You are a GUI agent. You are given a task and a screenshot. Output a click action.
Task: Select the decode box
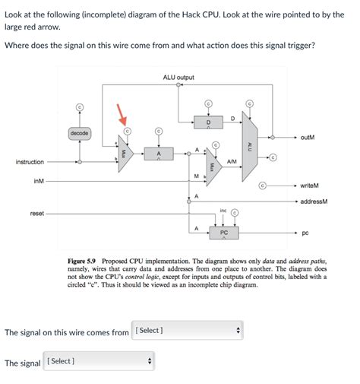(x=80, y=134)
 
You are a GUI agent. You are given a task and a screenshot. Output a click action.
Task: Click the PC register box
(x=223, y=233)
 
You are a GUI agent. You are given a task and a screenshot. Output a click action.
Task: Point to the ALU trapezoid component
(x=251, y=144)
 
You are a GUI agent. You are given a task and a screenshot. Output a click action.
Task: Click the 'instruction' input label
(x=30, y=162)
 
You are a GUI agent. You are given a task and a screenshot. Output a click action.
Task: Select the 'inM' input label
(x=39, y=181)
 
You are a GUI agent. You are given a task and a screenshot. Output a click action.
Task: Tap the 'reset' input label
(x=36, y=214)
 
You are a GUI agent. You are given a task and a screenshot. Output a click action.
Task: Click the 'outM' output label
(x=308, y=138)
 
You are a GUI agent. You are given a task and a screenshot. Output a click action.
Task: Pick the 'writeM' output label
(x=309, y=186)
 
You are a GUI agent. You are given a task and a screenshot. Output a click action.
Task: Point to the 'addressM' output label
(x=313, y=202)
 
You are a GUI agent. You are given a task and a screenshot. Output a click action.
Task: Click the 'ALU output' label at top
(x=178, y=78)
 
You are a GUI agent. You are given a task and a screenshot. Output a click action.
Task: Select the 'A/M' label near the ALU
(x=231, y=161)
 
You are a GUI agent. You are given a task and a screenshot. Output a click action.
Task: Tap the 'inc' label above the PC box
(x=223, y=210)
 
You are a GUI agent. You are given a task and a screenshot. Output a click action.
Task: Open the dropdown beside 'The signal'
(x=99, y=361)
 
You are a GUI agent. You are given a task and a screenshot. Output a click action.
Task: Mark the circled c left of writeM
(x=263, y=185)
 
